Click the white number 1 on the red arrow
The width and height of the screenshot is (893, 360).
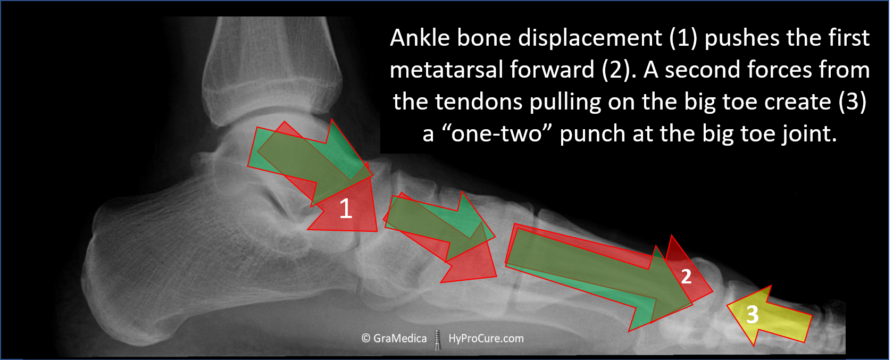click(346, 208)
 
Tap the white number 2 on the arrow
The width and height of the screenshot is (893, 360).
click(686, 277)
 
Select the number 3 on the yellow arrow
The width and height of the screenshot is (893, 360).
click(752, 315)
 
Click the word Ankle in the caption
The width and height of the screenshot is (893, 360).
click(420, 38)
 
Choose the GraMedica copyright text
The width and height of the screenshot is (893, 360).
click(394, 339)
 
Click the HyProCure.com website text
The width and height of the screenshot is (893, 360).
click(486, 339)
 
